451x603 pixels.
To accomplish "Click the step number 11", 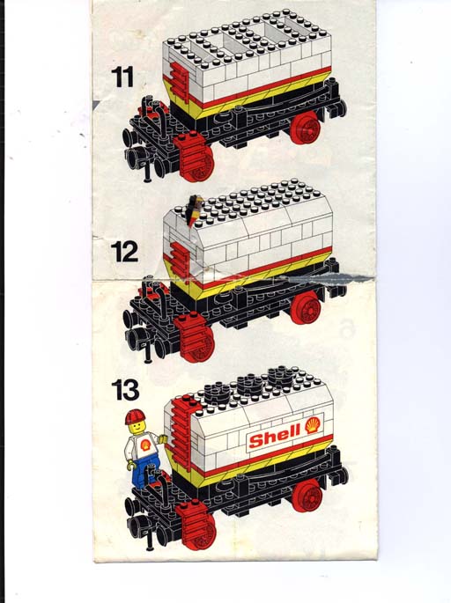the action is point(122,77).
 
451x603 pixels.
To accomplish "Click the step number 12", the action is point(124,252).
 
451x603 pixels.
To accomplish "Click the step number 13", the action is point(125,390).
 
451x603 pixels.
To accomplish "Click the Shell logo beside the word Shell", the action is point(314,425).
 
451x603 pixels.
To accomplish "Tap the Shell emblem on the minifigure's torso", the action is point(145,445).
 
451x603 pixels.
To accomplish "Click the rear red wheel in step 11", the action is point(305,128).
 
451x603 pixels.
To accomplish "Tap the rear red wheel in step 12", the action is point(306,307).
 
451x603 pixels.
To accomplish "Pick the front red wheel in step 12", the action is point(199,345).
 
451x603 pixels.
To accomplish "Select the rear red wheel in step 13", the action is point(307,496).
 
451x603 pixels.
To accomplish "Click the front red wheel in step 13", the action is point(200,532).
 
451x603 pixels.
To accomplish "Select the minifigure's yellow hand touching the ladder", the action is point(163,438).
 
